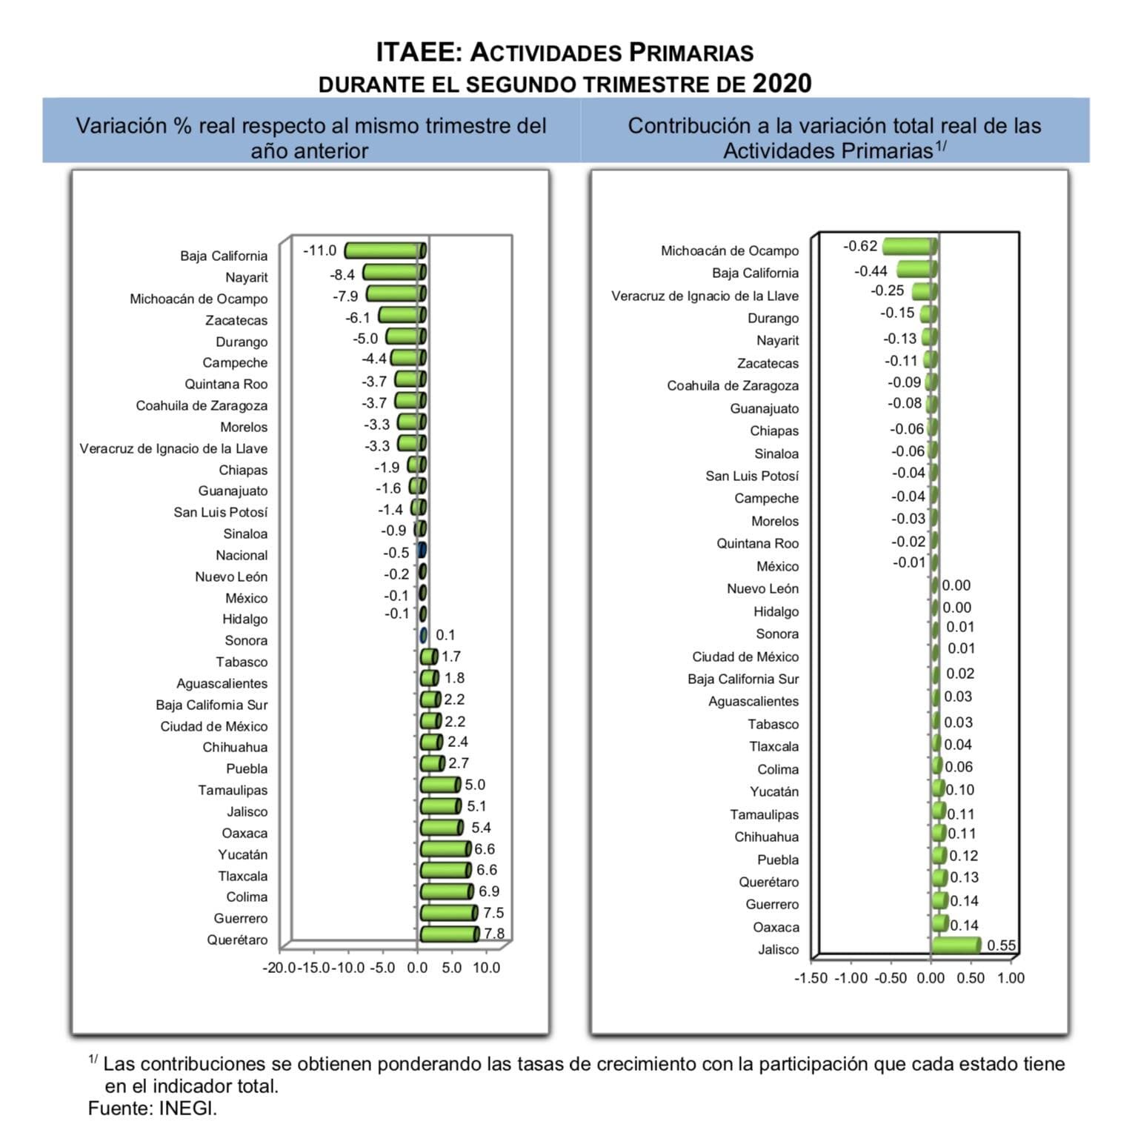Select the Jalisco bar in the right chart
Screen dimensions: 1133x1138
[956, 945]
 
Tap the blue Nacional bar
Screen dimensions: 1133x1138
[422, 551]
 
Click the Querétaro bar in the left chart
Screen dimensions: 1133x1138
[450, 934]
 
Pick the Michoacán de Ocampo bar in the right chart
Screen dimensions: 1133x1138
[910, 246]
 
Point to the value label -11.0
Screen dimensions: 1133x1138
[319, 250]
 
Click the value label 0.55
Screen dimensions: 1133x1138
[1002, 946]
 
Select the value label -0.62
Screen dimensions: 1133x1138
[860, 246]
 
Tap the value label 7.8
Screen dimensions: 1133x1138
[494, 934]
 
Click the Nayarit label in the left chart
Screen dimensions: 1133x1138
[247, 278]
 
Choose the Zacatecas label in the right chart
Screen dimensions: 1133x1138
[768, 363]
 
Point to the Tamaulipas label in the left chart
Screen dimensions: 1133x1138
[233, 791]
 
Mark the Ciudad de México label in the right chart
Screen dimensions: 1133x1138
[745, 657]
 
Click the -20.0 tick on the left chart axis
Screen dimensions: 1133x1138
[279, 968]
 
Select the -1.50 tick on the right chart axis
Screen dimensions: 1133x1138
[811, 978]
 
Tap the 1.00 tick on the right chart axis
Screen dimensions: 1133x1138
[1011, 978]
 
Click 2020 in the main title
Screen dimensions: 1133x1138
[782, 83]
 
